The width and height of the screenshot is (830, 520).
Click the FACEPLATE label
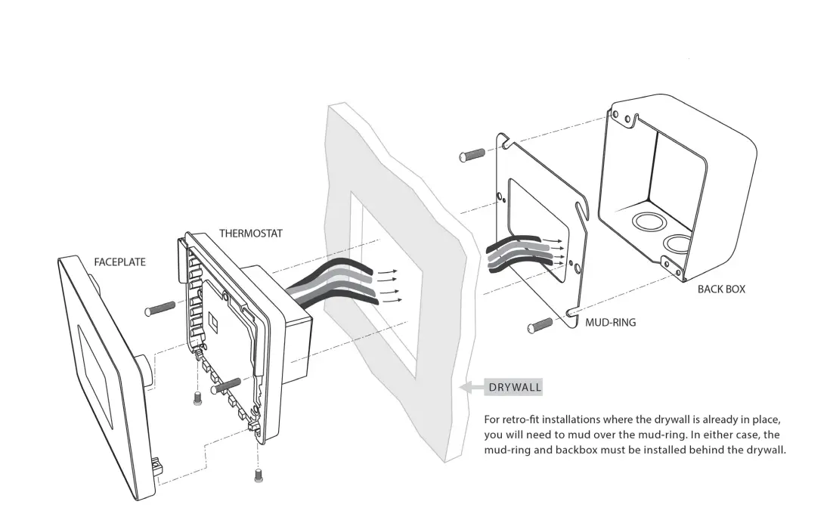click(x=119, y=262)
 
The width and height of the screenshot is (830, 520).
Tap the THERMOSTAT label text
click(x=251, y=234)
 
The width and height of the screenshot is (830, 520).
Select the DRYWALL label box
click(x=515, y=388)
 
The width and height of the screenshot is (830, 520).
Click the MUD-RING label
click(x=611, y=322)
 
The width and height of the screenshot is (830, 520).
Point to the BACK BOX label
click(x=721, y=289)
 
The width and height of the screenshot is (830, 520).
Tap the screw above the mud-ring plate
click(x=472, y=156)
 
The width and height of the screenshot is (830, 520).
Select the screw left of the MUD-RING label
click(x=540, y=327)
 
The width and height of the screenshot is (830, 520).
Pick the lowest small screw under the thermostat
click(x=259, y=475)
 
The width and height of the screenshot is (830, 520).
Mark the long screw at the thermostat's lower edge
click(x=227, y=385)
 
